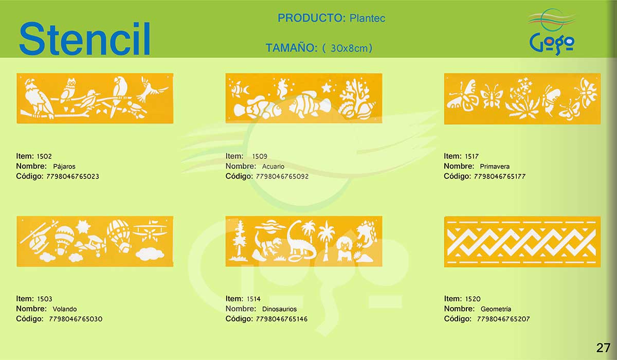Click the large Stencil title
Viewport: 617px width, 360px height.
pos(84,39)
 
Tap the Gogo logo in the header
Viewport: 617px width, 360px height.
pos(552,32)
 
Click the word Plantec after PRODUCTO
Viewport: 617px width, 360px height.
pos(367,18)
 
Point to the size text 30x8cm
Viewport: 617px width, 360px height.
pos(349,48)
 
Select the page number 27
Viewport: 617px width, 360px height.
pos(603,348)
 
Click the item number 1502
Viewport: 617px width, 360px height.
pos(44,156)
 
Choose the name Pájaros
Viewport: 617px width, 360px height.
pos(64,166)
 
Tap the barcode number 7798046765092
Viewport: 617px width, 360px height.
pos(282,176)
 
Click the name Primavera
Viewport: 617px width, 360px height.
pos(495,166)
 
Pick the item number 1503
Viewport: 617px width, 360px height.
pos(45,299)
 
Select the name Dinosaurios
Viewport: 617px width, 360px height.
pos(279,309)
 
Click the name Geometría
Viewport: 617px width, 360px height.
pos(496,309)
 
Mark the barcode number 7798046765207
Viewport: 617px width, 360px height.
pos(503,319)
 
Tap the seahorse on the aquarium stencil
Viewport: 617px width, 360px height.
pos(283,87)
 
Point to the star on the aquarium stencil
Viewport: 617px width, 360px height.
pos(326,88)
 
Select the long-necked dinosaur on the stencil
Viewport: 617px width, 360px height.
pos(300,242)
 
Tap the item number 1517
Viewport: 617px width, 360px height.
pos(472,156)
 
